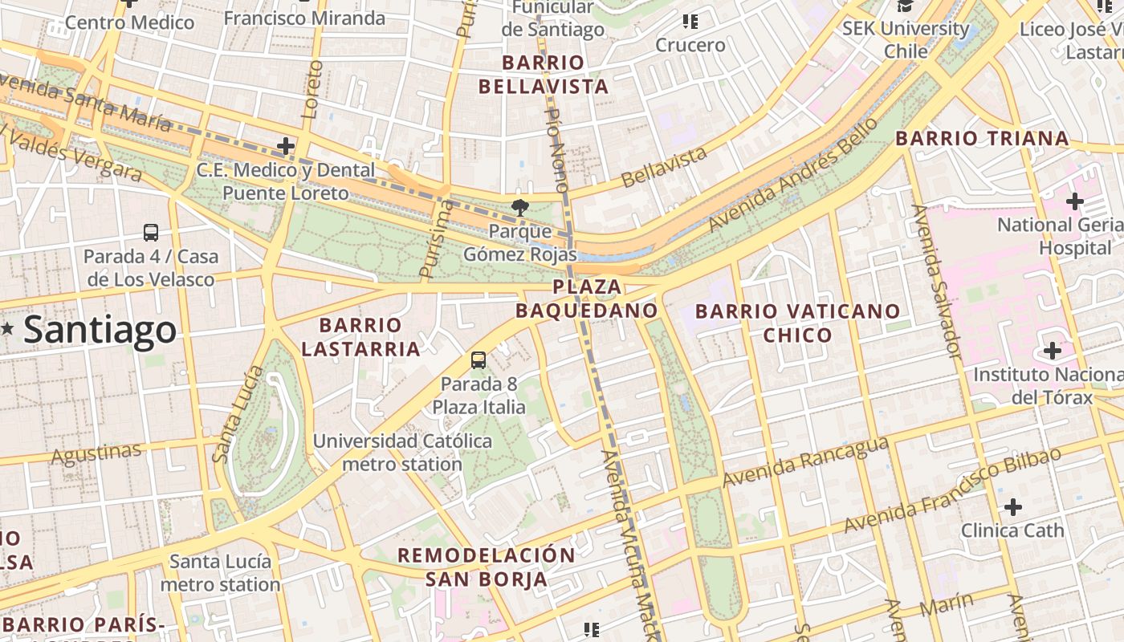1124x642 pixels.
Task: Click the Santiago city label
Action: click(100, 330)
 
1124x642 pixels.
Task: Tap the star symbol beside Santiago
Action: click(8, 327)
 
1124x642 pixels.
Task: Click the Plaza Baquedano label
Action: click(587, 299)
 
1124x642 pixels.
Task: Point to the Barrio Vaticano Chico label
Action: click(797, 323)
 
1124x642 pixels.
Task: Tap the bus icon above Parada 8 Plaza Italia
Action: click(479, 360)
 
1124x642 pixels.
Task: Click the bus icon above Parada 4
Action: click(151, 233)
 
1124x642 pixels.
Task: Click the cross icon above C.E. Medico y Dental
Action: click(285, 146)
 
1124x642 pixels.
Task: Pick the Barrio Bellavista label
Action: click(544, 75)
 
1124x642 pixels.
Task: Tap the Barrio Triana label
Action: click(982, 138)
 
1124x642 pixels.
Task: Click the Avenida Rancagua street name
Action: click(805, 462)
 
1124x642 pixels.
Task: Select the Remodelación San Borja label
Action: click(487, 567)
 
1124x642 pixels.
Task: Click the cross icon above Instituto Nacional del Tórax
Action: click(1052, 350)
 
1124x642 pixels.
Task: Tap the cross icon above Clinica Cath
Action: click(1013, 506)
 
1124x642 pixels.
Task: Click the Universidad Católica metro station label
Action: click(402, 453)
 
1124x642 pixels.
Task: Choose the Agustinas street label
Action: click(96, 454)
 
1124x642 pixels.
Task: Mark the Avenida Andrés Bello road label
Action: click(792, 174)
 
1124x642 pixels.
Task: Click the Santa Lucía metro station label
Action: click(221, 572)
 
